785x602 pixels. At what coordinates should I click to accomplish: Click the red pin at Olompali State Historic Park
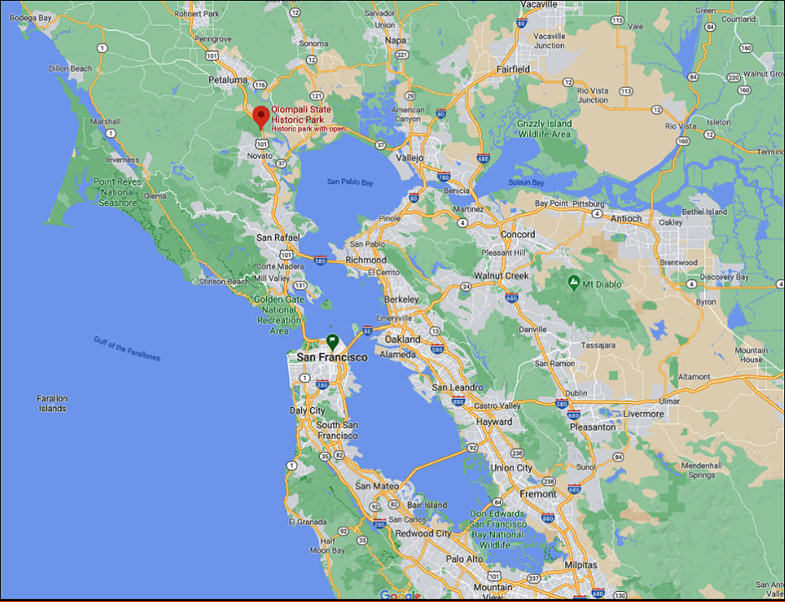[261, 117]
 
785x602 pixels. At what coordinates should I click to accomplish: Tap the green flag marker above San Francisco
[332, 341]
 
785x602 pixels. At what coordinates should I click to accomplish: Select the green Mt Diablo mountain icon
[573, 283]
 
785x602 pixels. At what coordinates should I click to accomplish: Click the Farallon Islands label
[52, 404]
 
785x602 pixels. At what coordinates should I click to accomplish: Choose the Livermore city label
[643, 414]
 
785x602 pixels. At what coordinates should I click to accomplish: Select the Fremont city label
[538, 494]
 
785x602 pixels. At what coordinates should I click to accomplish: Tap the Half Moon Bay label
[327, 545]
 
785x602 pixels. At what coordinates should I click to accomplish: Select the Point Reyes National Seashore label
[115, 192]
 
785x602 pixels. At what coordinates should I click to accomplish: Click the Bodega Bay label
[26, 18]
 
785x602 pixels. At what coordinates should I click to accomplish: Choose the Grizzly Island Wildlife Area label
[544, 129]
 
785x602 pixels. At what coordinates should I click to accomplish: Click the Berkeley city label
[401, 298]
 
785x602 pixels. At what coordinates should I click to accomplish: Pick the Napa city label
[395, 39]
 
